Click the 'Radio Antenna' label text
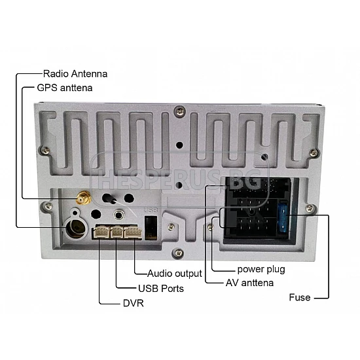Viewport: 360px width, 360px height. click(x=75, y=74)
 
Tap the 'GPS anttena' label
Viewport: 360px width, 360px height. click(x=65, y=88)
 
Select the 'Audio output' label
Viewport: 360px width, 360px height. click(x=175, y=274)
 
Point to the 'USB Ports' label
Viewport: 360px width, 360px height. click(x=161, y=289)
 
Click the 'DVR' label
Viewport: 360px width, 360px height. click(x=134, y=303)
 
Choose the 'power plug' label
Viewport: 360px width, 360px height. click(x=261, y=270)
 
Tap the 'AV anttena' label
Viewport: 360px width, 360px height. click(x=250, y=283)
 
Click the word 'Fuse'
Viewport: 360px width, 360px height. click(x=300, y=298)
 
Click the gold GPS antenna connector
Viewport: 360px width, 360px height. click(x=84, y=198)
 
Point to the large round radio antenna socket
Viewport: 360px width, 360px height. click(x=76, y=228)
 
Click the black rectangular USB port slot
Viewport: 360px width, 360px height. click(x=151, y=228)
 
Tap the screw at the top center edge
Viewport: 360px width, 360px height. click(x=180, y=111)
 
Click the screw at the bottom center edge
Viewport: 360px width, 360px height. click(x=179, y=253)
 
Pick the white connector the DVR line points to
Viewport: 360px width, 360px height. click(x=101, y=232)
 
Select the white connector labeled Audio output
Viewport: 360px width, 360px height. click(x=133, y=232)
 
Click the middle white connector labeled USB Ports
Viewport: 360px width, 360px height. click(x=117, y=232)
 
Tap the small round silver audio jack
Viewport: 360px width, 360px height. click(x=119, y=215)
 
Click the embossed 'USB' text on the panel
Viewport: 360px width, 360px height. click(x=151, y=210)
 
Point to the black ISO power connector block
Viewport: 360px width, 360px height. click(x=257, y=208)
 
